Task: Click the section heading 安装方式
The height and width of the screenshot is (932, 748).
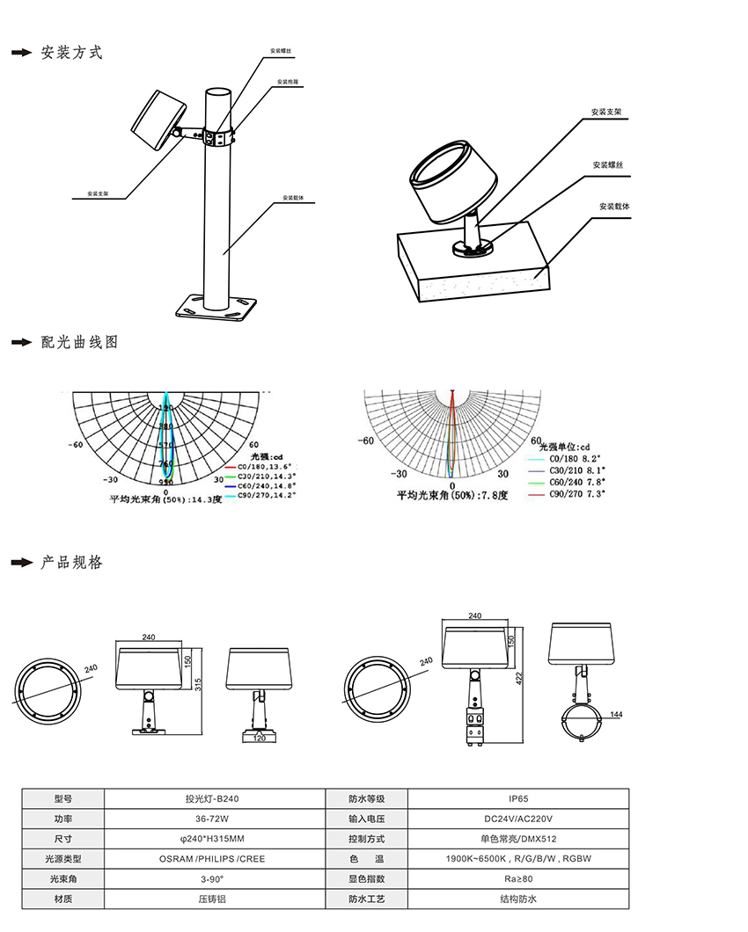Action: [x=71, y=53]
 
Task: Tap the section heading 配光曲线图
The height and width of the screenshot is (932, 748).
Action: [x=79, y=343]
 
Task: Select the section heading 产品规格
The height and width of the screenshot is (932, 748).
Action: [x=71, y=563]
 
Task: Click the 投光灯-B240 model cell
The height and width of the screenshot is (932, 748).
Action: [x=211, y=799]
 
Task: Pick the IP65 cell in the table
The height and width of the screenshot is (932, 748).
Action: [x=518, y=799]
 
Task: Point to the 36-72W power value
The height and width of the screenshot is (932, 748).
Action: [x=211, y=819]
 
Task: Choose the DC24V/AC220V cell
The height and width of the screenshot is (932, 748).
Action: [x=518, y=819]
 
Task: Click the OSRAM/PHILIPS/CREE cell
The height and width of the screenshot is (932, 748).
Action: [x=211, y=859]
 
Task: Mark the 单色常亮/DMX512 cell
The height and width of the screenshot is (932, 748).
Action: [x=518, y=839]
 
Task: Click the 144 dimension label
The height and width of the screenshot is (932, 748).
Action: [x=616, y=716]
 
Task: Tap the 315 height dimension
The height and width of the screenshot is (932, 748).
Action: [x=198, y=684]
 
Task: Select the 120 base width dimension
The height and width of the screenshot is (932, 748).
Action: [x=260, y=739]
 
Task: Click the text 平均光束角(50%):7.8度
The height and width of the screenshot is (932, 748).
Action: [x=452, y=496]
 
